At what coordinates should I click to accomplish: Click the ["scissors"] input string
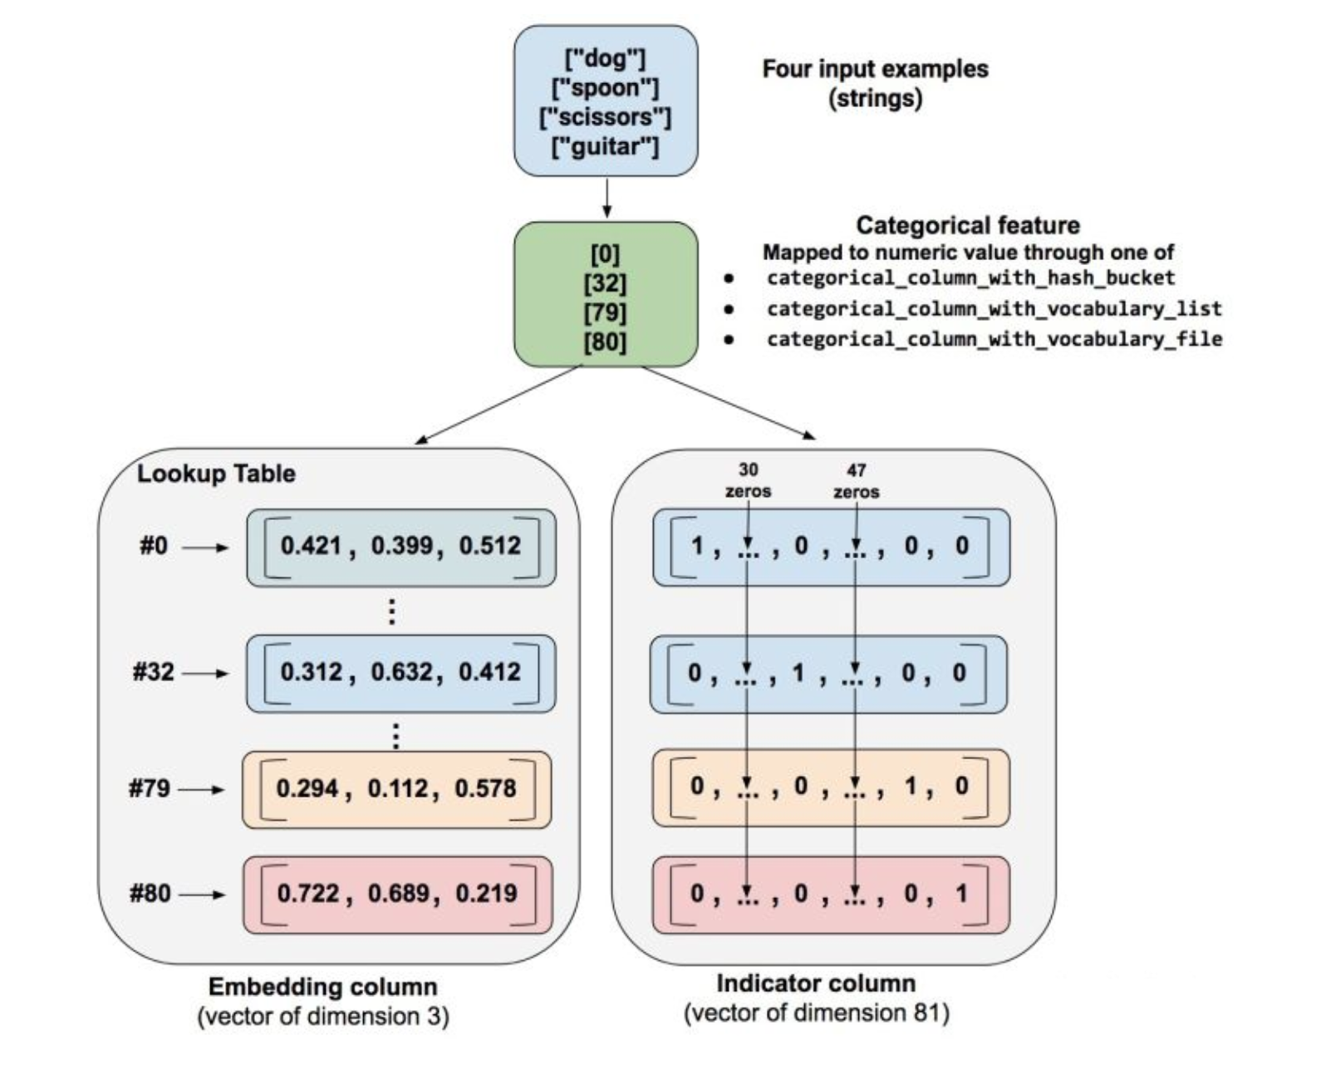[605, 117]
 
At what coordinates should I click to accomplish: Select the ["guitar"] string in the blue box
[605, 147]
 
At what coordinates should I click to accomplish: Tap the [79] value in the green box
[605, 312]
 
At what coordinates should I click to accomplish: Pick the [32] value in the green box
[605, 283]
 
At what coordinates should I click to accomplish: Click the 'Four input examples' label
[875, 69]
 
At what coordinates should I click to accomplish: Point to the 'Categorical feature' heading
[968, 225]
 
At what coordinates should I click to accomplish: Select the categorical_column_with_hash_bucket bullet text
[970, 277]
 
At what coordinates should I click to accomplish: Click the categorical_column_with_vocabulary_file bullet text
[994, 339]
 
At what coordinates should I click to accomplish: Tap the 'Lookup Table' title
[216, 474]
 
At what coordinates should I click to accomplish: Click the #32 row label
[154, 672]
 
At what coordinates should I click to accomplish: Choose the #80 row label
[150, 894]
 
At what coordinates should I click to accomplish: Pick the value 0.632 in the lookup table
[401, 672]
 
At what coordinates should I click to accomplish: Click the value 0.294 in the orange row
[307, 788]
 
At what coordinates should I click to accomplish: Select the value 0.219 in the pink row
[486, 894]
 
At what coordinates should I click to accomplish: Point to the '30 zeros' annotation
[748, 481]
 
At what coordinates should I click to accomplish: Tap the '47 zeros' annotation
[857, 481]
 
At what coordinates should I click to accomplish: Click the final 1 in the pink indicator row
[961, 894]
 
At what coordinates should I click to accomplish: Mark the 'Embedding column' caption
[322, 987]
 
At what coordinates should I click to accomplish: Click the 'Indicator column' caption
[816, 984]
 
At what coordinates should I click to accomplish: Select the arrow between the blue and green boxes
[607, 198]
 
